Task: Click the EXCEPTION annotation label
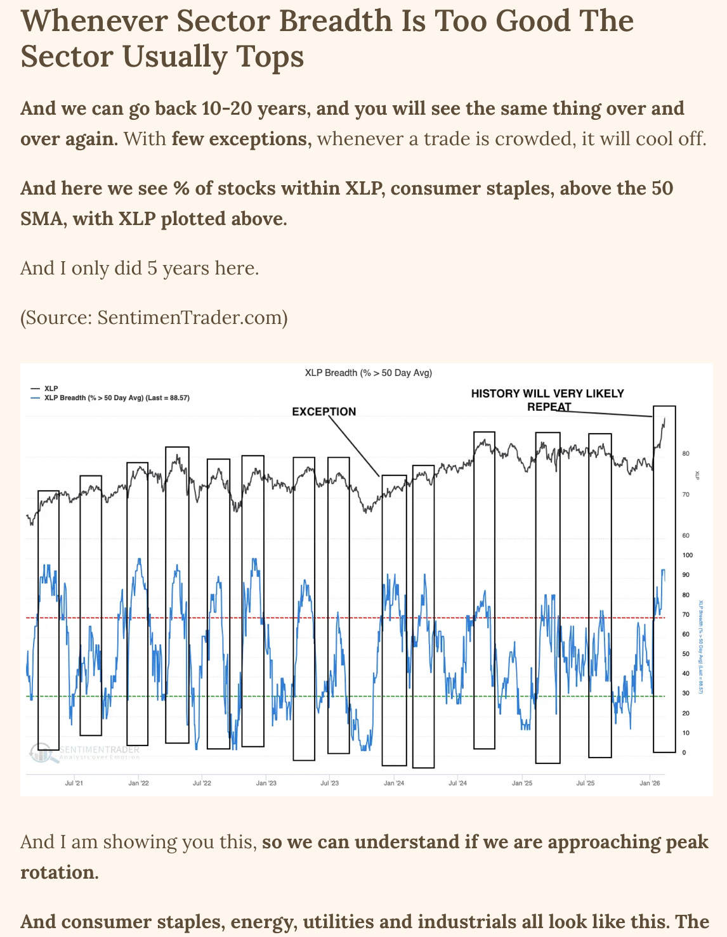pyautogui.click(x=324, y=411)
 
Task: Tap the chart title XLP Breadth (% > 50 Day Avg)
pyautogui.click(x=368, y=373)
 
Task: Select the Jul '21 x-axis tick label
pyautogui.click(x=74, y=783)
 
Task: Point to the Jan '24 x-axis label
pyautogui.click(x=393, y=783)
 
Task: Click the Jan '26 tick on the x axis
pyautogui.click(x=650, y=783)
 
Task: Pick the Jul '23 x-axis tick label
pyautogui.click(x=329, y=783)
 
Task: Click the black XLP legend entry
pyautogui.click(x=51, y=388)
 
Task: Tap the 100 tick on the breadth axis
pyautogui.click(x=688, y=555)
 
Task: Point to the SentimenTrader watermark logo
pyautogui.click(x=40, y=753)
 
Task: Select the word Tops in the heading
pyautogui.click(x=270, y=56)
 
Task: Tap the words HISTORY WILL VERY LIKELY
pyautogui.click(x=547, y=394)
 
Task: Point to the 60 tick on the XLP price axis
pyautogui.click(x=685, y=536)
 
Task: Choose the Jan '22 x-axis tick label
pyautogui.click(x=138, y=783)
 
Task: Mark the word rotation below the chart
pyautogui.click(x=58, y=872)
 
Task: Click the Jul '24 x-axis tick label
pyautogui.click(x=457, y=783)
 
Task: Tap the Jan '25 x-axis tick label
pyautogui.click(x=521, y=783)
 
